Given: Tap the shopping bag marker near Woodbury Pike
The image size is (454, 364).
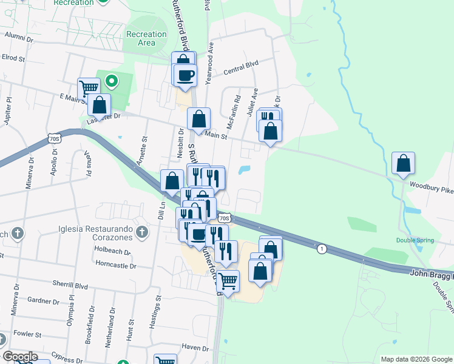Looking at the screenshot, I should [403, 164].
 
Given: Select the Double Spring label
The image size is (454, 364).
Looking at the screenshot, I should [415, 240].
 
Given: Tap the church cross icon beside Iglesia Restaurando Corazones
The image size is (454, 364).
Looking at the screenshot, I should [141, 231].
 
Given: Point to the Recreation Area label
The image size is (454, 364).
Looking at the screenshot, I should [147, 38].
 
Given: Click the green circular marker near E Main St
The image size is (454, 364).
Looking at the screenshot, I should [111, 80].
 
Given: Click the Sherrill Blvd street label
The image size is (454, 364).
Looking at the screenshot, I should [72, 286].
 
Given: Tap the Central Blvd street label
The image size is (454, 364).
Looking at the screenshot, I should [241, 63].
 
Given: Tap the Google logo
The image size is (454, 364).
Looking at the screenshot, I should [19, 357].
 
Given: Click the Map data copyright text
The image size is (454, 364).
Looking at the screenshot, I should [416, 359].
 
